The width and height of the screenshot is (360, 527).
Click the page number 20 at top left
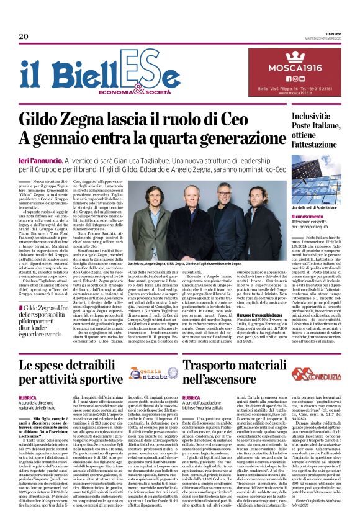(x=24, y=37)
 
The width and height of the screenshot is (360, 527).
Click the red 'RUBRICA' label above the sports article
(x=28, y=398)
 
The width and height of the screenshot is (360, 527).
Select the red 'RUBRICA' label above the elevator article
(x=191, y=398)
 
